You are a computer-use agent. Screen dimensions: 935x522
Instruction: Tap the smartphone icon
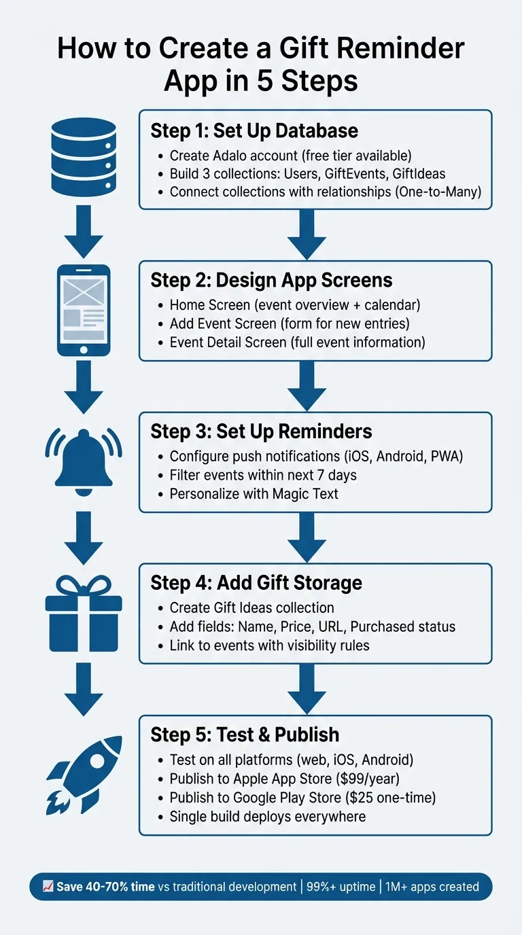click(84, 310)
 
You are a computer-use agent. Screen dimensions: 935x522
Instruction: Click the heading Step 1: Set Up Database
click(254, 130)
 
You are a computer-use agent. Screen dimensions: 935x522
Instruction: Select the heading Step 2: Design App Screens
click(271, 281)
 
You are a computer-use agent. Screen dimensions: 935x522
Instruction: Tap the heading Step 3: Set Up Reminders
click(261, 431)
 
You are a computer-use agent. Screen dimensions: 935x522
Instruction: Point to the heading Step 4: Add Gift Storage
click(256, 582)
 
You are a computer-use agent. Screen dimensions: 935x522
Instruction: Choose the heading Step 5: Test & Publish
click(245, 734)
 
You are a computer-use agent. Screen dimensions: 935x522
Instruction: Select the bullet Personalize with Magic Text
click(254, 494)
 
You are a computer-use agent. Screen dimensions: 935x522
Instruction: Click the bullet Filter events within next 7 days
click(263, 475)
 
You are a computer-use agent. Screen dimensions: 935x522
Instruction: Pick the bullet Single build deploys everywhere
click(268, 816)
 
